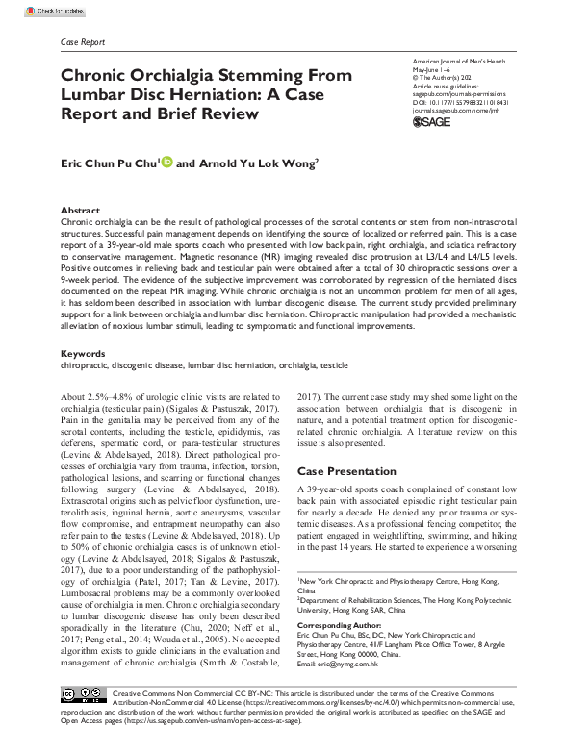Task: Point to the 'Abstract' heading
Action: coord(81,209)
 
